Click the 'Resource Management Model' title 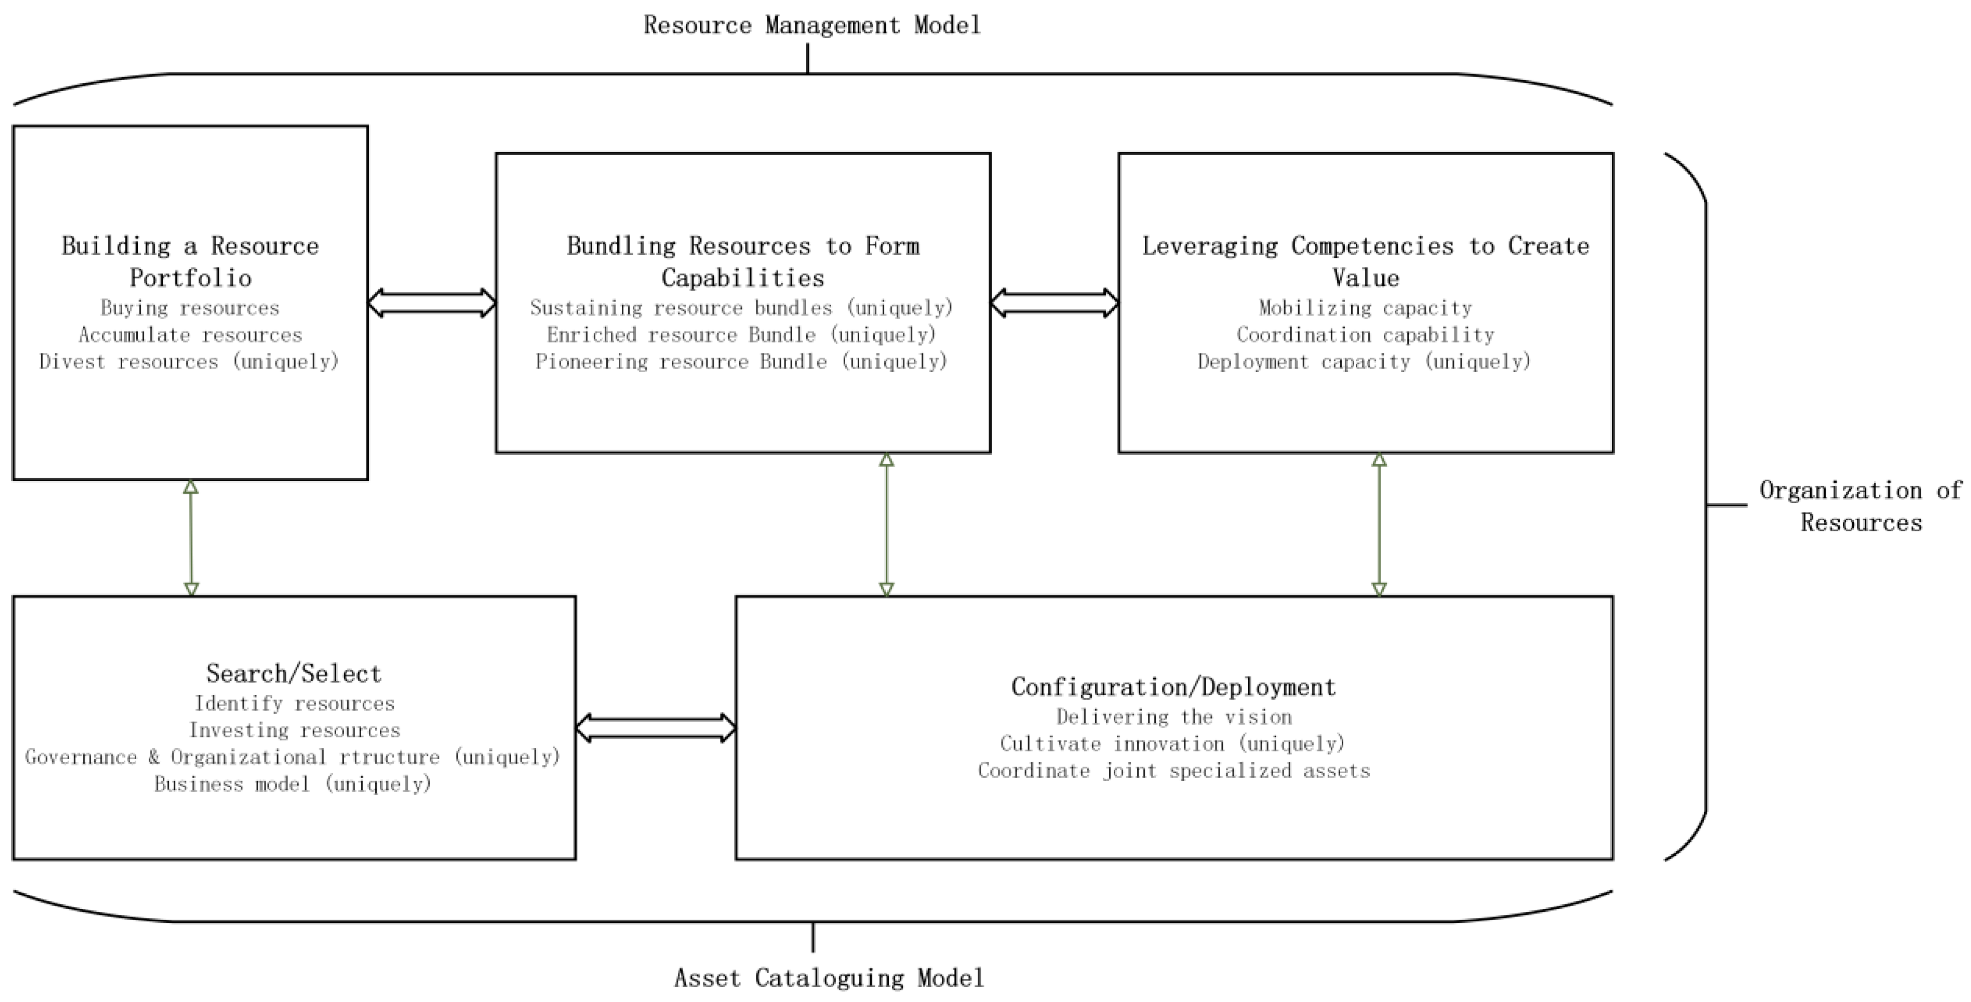pyautogui.click(x=812, y=25)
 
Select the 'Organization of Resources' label pyautogui.click(x=1860, y=506)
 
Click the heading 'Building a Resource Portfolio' pyautogui.click(x=190, y=261)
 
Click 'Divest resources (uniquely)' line pyautogui.click(x=190, y=362)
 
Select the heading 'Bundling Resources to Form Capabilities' pyautogui.click(x=743, y=261)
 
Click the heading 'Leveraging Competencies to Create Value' pyautogui.click(x=1366, y=261)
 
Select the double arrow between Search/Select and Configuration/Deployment pyautogui.click(x=656, y=728)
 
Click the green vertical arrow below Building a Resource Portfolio pyautogui.click(x=191, y=538)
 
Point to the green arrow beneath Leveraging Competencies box pyautogui.click(x=1379, y=525)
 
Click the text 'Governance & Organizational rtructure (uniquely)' pyautogui.click(x=294, y=757)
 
